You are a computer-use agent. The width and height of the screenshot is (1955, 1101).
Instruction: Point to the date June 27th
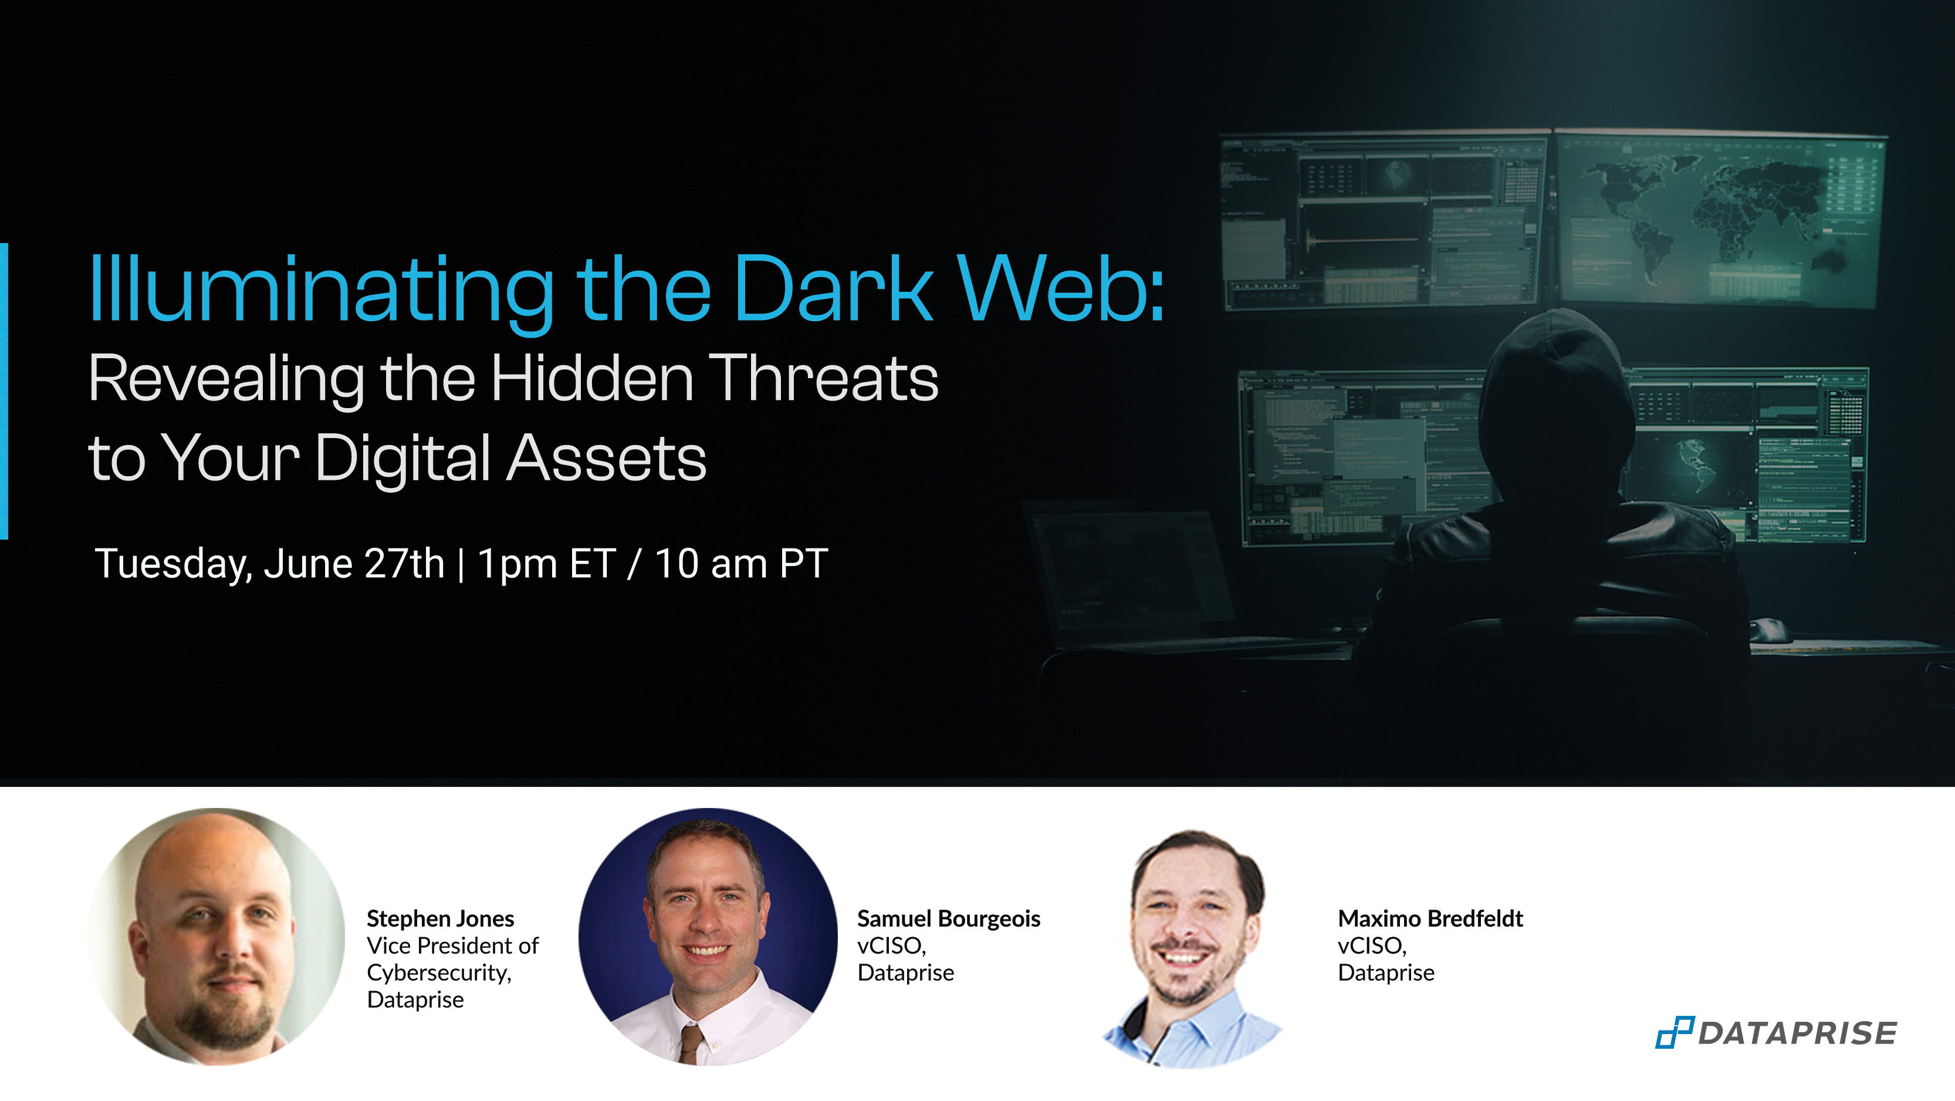click(354, 564)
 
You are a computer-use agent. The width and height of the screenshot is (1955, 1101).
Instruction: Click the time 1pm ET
click(546, 564)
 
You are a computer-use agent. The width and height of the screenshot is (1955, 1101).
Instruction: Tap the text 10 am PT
click(740, 564)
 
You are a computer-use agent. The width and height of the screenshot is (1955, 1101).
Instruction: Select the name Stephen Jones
click(440, 919)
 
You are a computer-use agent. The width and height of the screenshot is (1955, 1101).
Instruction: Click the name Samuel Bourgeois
click(948, 919)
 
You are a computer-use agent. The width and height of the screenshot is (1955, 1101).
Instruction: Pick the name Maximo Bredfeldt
click(1430, 919)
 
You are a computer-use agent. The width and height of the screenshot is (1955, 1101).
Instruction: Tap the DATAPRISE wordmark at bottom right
click(1797, 1033)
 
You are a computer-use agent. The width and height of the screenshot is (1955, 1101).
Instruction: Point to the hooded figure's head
click(1556, 395)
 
